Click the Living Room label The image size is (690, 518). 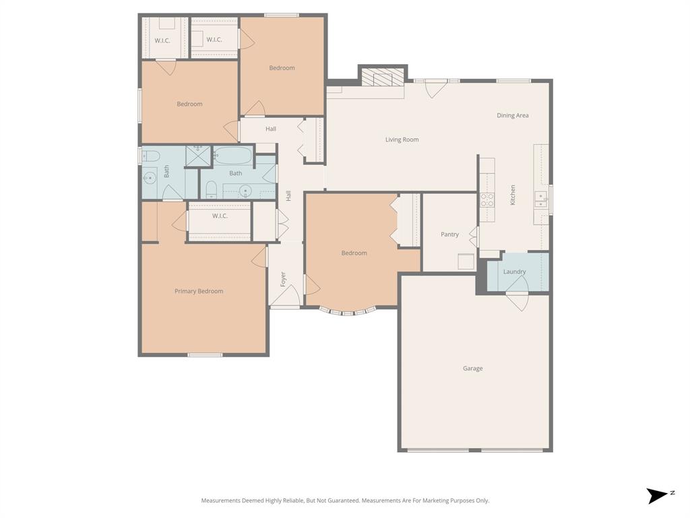click(402, 140)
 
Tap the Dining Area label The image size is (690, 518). click(512, 115)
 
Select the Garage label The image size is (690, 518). click(472, 368)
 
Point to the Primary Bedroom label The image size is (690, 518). click(199, 291)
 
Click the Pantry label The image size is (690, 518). click(449, 235)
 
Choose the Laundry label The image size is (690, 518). click(514, 272)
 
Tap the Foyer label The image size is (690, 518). click(283, 278)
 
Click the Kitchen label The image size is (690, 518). click(513, 195)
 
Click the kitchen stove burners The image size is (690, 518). click(487, 200)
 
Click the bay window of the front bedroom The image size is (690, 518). click(347, 312)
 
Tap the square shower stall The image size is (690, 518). click(199, 156)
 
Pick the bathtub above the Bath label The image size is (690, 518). click(232, 156)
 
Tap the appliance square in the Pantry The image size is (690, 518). click(466, 261)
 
